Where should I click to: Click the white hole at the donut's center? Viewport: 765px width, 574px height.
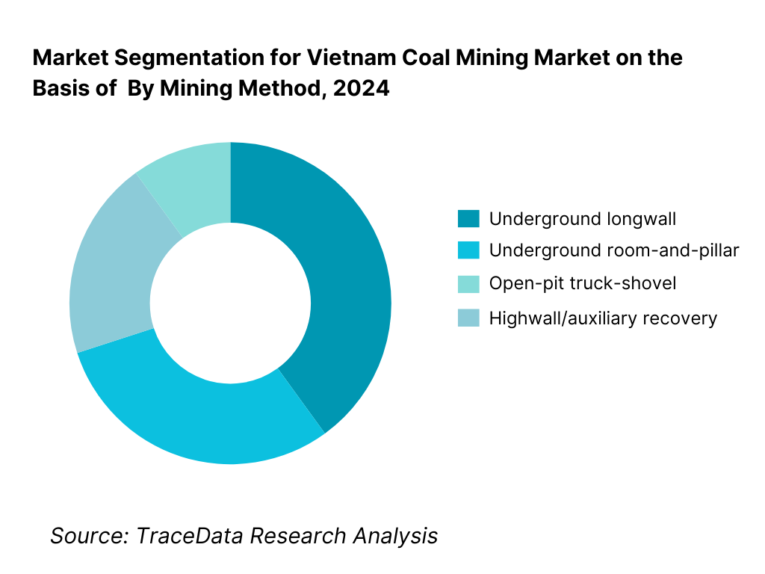(x=230, y=303)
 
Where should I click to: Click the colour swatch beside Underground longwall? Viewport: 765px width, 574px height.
(x=468, y=219)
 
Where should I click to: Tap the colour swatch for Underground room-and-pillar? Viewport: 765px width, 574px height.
(x=468, y=251)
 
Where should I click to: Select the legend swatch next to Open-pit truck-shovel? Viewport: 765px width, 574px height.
(x=468, y=283)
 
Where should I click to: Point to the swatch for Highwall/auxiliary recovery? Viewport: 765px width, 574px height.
(x=468, y=318)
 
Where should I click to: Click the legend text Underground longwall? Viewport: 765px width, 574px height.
(x=582, y=219)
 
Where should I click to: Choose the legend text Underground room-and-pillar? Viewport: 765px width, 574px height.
(x=613, y=251)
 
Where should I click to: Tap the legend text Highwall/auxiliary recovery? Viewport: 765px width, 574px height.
(x=602, y=318)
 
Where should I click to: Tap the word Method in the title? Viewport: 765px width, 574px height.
(x=285, y=88)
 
